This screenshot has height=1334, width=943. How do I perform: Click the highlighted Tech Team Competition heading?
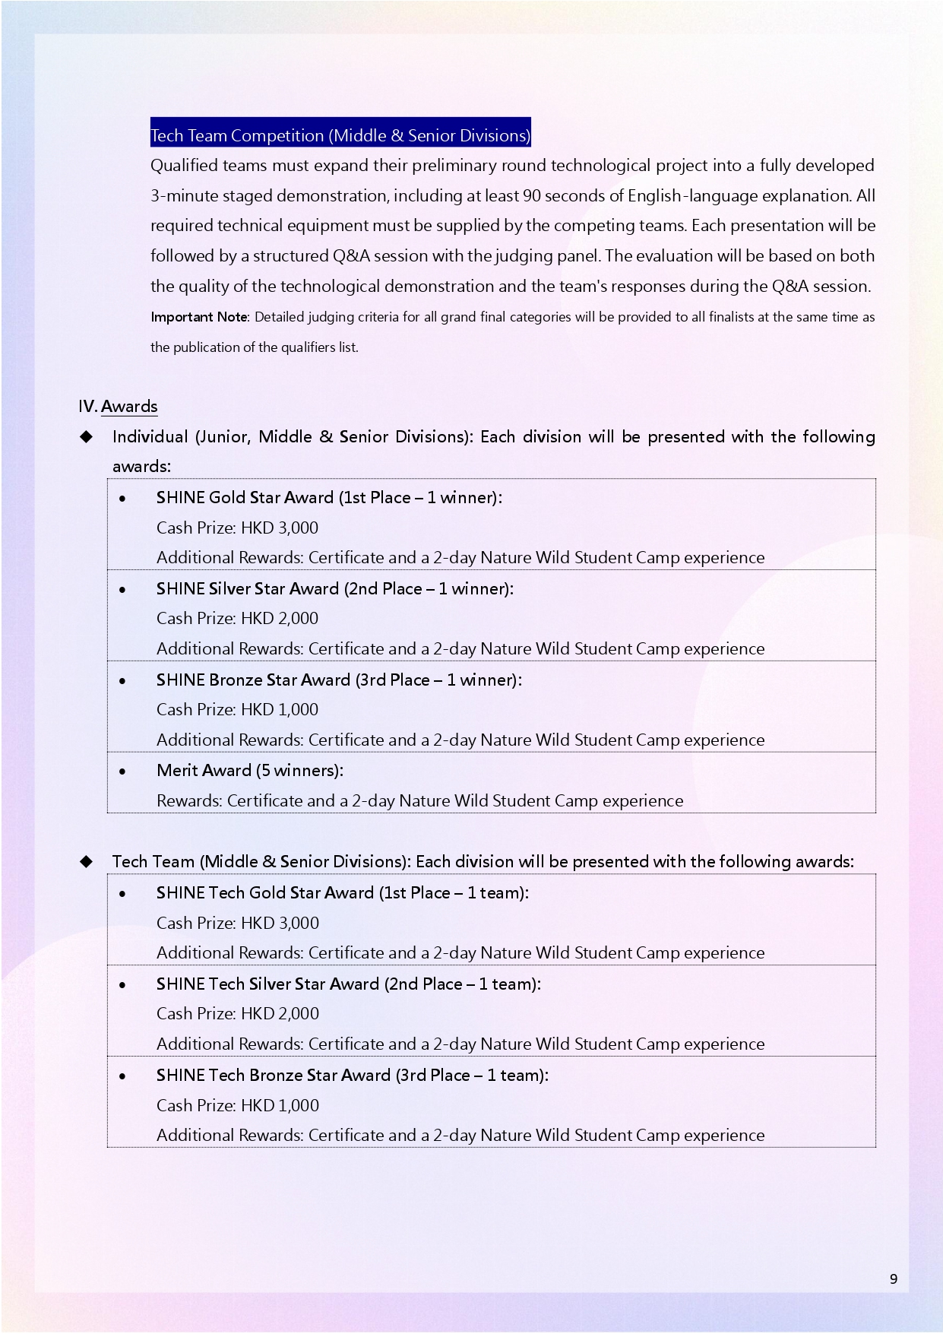click(340, 135)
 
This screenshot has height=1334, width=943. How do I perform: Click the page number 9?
click(894, 1279)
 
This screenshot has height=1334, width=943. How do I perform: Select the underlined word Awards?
click(129, 407)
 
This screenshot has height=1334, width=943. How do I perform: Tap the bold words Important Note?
click(199, 317)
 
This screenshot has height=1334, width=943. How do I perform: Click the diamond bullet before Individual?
click(87, 436)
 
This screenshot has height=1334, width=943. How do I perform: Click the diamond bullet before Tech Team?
click(87, 861)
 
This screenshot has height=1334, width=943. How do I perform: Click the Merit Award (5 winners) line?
click(250, 770)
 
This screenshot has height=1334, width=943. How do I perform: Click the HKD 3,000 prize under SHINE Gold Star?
click(280, 528)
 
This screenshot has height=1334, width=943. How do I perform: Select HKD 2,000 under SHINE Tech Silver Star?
click(280, 1013)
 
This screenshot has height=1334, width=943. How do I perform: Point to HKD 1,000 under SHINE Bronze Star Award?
click(280, 709)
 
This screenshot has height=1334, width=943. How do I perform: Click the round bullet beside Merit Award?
click(122, 772)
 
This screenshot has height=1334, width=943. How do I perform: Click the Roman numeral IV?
click(87, 407)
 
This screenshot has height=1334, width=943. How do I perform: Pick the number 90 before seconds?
click(532, 195)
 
